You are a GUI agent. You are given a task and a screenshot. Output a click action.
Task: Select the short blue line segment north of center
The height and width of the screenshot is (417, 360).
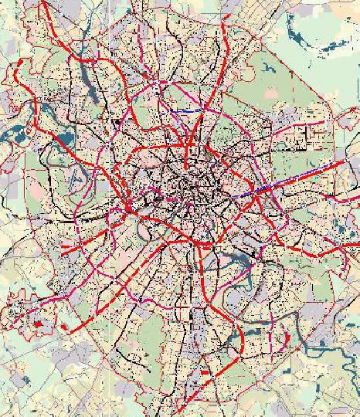click(x=185, y=111)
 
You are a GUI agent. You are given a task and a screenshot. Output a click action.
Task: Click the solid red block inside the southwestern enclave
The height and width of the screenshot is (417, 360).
click(x=37, y=323)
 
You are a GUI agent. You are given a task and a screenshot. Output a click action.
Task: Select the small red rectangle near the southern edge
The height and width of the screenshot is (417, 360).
click(x=204, y=372)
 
